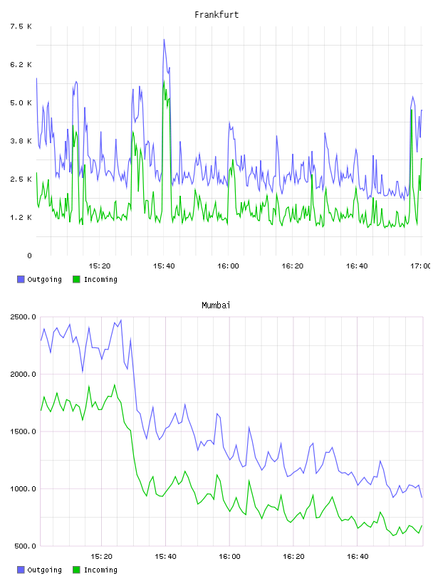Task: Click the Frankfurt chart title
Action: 216,15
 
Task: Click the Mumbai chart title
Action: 216,305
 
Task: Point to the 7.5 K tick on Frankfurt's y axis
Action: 21,26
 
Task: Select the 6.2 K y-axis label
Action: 21,65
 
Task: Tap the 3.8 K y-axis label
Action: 21,141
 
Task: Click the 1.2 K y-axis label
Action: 21,217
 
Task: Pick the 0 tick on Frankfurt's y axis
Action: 29,256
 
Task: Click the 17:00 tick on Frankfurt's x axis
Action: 420,266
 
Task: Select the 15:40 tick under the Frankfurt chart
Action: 164,266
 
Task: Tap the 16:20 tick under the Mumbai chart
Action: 293,557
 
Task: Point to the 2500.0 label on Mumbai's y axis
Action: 23,317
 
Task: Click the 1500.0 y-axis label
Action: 23,431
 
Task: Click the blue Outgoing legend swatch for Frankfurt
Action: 21,279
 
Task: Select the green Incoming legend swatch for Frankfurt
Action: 76,279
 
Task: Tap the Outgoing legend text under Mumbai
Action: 44,570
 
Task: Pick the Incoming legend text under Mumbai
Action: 100,570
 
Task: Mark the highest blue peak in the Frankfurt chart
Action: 164,39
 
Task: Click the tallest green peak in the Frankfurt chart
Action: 164,81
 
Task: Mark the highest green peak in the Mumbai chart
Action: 115,384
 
